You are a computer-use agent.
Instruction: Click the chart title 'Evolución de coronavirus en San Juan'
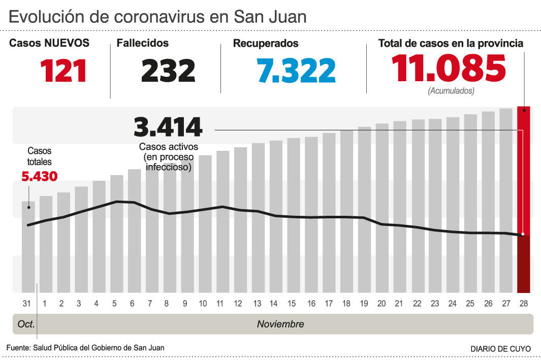(157, 17)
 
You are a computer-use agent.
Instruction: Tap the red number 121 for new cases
(64, 71)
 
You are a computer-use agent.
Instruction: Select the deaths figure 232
(168, 71)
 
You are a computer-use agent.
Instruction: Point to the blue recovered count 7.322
(296, 71)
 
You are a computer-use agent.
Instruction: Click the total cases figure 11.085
(449, 69)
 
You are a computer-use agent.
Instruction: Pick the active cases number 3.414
(168, 127)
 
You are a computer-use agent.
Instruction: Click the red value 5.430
(39, 176)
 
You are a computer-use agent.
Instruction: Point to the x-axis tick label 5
(114, 304)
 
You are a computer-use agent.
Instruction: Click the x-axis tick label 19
(364, 304)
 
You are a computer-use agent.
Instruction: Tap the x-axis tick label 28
(523, 304)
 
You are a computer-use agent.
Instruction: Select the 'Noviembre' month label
(280, 324)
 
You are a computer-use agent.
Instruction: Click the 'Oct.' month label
(26, 324)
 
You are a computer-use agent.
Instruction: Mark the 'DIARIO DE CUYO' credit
(500, 349)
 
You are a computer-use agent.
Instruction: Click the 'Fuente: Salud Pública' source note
(85, 348)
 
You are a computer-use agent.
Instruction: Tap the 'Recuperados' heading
(266, 44)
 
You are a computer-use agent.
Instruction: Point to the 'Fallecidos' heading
(143, 44)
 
